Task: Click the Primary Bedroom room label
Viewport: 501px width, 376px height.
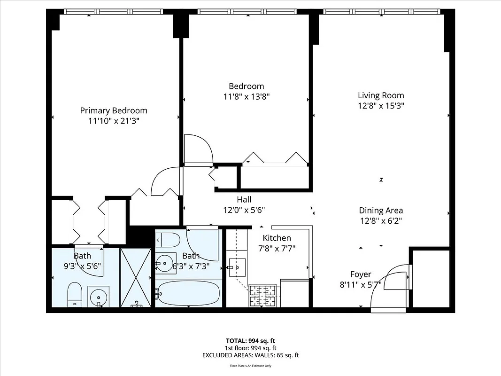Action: point(113,110)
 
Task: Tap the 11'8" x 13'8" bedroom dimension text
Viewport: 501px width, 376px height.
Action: point(246,96)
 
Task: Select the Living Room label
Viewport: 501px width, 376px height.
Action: point(381,95)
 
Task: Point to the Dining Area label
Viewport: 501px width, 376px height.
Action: point(381,211)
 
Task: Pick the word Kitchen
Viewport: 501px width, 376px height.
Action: point(277,238)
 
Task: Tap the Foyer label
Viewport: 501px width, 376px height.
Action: point(361,274)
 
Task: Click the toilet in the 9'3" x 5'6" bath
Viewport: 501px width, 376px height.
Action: point(75,295)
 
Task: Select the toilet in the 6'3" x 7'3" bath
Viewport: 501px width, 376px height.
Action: point(168,240)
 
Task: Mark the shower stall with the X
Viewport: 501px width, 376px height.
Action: point(136,278)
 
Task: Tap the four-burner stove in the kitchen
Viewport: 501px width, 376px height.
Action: point(263,296)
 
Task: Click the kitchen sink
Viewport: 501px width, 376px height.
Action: point(237,267)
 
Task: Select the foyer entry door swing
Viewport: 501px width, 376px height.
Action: point(390,287)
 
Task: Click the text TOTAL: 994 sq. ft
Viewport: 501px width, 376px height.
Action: point(250,341)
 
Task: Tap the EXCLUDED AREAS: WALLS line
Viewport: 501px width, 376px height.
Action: point(250,355)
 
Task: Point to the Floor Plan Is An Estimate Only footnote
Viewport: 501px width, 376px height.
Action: point(250,366)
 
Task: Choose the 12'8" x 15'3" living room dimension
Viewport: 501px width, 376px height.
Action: point(381,106)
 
